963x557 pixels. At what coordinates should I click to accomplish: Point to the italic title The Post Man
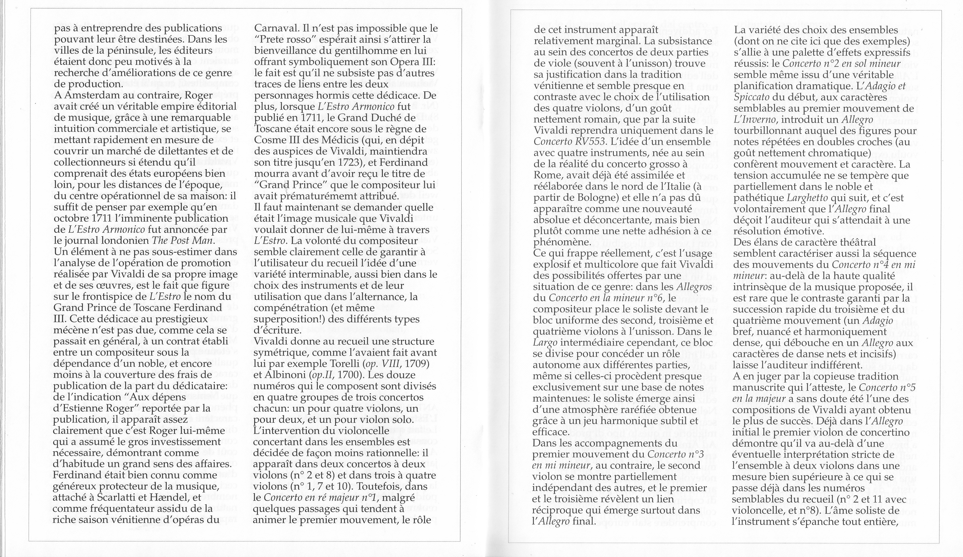tap(183, 241)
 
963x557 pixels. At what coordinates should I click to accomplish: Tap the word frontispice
tap(113, 297)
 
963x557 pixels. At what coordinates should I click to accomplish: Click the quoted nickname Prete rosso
tap(283, 40)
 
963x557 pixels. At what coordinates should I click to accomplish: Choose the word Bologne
tap(600, 197)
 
